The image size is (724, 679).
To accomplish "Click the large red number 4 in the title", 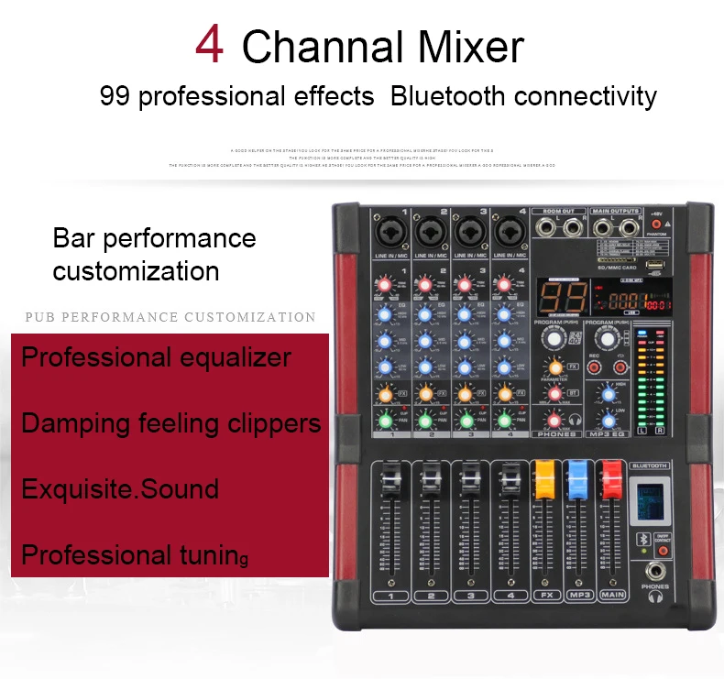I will point(210,45).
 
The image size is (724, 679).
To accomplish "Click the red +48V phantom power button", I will point(656,224).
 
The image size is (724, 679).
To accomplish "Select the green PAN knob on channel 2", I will point(426,422).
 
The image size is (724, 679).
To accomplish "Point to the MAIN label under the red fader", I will point(611,597).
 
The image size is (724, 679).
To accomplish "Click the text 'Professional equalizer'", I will point(156,356).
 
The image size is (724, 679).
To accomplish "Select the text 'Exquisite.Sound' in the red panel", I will point(120,488).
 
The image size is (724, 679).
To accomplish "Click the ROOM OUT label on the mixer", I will point(559,210).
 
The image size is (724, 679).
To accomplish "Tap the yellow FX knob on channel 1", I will point(386,393).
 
